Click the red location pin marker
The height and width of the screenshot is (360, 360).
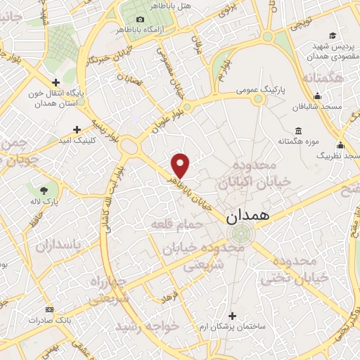coord(181,165)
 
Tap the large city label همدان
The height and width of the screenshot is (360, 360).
coord(247,217)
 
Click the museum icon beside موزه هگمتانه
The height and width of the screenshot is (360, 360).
coord(298,130)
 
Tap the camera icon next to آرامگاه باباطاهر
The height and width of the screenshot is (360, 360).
coord(141,19)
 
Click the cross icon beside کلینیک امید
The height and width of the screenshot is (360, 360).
coord(77,129)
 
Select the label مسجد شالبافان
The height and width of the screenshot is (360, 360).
coord(318,107)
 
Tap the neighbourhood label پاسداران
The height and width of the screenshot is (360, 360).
coord(60,245)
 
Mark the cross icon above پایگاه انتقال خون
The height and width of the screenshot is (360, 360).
coord(56,82)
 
